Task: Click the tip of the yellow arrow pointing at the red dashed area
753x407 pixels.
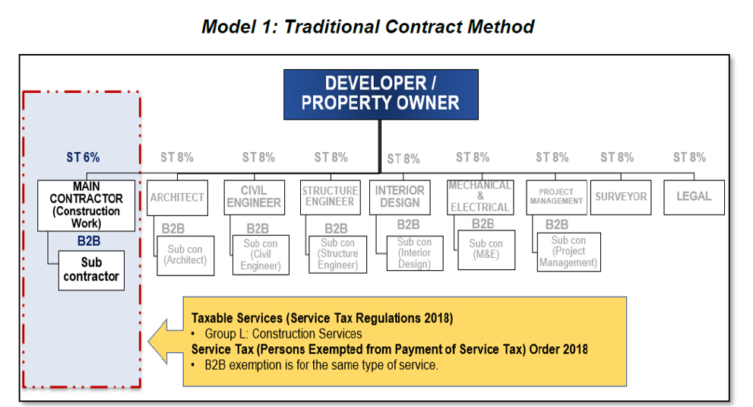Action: tap(148, 341)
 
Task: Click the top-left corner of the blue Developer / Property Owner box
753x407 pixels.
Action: tap(284, 70)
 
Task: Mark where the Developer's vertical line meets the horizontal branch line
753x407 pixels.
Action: tap(380, 173)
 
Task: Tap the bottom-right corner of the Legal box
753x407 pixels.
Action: tap(724, 215)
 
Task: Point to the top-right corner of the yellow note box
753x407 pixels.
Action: tap(626, 297)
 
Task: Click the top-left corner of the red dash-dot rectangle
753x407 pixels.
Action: tap(23, 91)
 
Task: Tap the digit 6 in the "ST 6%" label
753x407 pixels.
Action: tap(87, 157)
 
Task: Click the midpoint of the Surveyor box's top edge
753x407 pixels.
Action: tap(621, 180)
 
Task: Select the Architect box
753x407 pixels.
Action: tap(177, 198)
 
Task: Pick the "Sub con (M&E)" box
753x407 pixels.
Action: tap(486, 250)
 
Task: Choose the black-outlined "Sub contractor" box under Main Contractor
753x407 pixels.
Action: tap(91, 270)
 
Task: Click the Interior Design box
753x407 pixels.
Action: tap(400, 197)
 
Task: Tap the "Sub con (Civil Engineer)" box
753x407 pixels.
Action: tap(261, 255)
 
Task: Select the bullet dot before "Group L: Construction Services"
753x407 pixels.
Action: tap(193, 334)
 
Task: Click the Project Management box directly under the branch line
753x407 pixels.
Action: tap(557, 197)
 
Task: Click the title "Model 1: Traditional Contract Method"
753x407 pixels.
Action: tap(368, 27)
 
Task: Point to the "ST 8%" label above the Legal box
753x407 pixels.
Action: tap(689, 157)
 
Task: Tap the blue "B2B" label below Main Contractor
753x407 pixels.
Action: tap(89, 241)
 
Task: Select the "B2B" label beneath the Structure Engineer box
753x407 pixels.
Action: tap(336, 228)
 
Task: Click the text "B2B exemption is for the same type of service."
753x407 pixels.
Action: tap(321, 365)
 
